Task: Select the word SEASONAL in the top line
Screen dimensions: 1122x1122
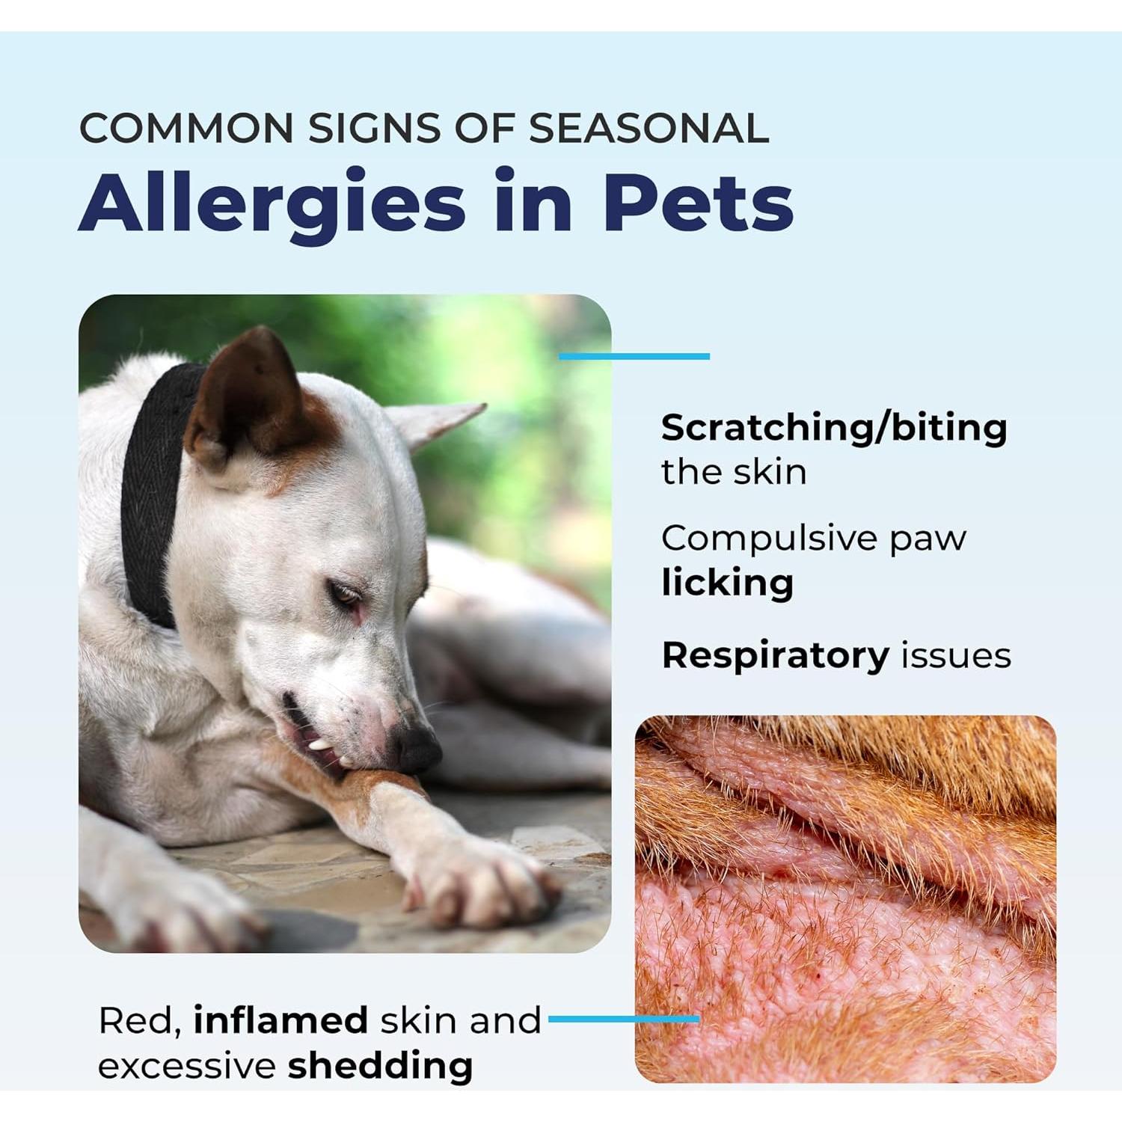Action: coord(649,129)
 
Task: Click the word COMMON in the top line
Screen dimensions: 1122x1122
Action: coord(186,129)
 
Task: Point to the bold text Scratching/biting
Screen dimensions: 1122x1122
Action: coord(834,429)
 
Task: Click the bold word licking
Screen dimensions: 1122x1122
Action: coord(727,583)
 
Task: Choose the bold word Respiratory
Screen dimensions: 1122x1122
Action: coord(775,655)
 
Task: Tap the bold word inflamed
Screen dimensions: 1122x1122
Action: coord(280,1020)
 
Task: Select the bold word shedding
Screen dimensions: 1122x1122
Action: coord(380,1066)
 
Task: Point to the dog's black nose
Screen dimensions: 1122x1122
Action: coord(420,748)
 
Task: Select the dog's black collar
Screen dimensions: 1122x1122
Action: coord(153,486)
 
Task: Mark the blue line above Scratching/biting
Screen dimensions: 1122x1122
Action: coord(634,357)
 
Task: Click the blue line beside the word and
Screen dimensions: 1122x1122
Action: coord(623,1019)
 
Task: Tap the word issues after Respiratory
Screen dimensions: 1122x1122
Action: coord(956,655)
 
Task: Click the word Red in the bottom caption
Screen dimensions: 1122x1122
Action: coord(139,1020)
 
